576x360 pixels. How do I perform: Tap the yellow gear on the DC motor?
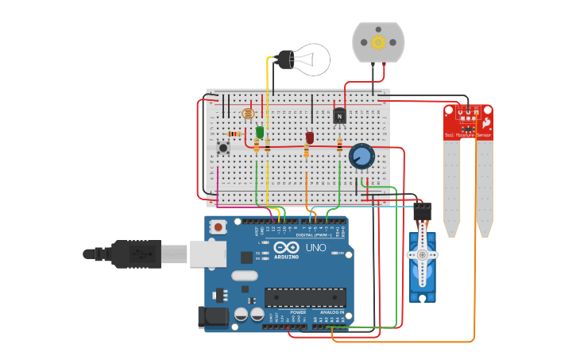(378, 41)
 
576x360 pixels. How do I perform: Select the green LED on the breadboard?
(260, 133)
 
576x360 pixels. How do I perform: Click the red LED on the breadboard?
(310, 137)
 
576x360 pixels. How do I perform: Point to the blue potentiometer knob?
(361, 156)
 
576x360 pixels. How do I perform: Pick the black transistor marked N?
(340, 116)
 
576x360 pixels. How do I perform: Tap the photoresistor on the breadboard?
(247, 114)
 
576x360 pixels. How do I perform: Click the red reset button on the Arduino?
(218, 227)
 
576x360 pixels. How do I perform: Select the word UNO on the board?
(315, 248)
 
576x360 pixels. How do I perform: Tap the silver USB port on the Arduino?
(208, 254)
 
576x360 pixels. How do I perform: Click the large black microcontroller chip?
(305, 297)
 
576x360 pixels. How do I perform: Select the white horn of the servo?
(422, 255)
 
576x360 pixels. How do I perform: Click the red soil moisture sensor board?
(468, 122)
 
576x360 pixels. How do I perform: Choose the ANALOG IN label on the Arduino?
(332, 312)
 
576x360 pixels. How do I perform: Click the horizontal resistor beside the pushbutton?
(234, 134)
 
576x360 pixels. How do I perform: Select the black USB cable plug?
(136, 254)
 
